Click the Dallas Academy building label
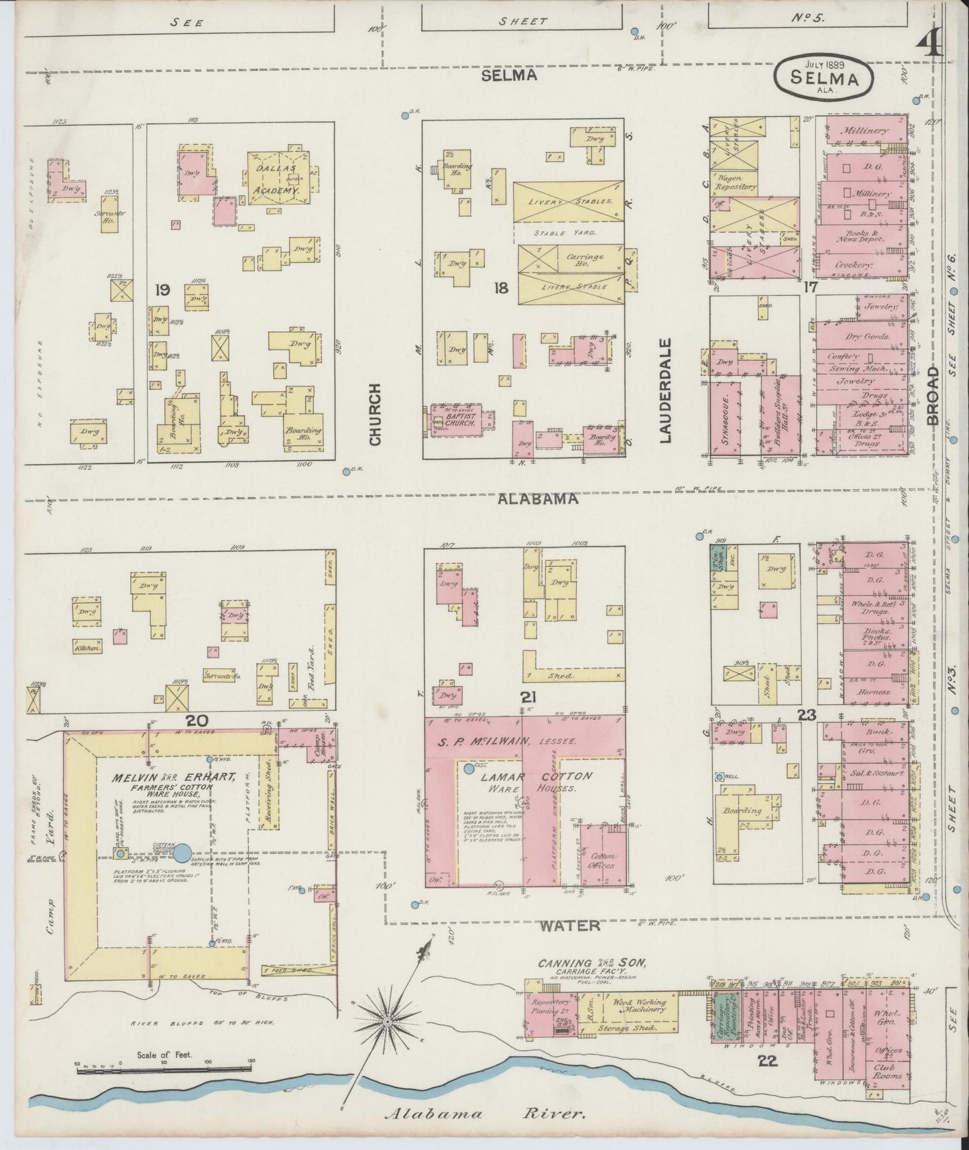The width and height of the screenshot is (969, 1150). [277, 177]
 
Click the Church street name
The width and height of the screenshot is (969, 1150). [374, 414]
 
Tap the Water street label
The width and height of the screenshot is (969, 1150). [570, 925]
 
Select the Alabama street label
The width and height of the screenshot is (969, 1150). [538, 499]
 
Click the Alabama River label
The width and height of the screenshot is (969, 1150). [486, 1114]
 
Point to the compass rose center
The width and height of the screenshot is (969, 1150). [387, 1021]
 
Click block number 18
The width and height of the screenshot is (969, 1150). [501, 289]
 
